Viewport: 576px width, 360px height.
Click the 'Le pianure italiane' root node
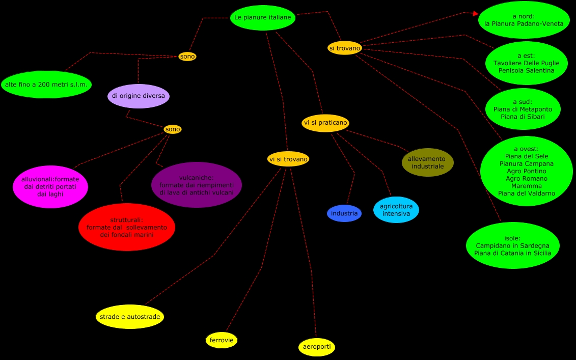(263, 18)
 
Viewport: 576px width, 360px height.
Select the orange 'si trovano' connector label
(345, 48)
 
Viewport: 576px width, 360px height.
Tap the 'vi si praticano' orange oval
(325, 123)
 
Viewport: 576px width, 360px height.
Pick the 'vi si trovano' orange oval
(288, 159)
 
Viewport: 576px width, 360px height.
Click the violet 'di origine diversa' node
(139, 96)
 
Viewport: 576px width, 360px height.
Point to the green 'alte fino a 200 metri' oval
(46, 85)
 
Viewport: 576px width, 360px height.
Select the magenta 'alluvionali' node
(50, 187)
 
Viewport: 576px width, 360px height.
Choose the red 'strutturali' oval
(127, 227)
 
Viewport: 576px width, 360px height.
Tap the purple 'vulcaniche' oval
(197, 185)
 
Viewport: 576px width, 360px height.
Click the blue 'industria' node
(344, 213)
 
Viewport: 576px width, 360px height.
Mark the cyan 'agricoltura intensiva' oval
(396, 210)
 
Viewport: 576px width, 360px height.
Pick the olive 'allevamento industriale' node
(427, 162)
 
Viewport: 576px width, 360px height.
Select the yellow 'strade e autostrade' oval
(130, 317)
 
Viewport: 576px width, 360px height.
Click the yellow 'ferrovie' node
(222, 340)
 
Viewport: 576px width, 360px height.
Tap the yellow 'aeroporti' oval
(317, 347)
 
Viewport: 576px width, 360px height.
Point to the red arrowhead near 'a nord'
(476, 14)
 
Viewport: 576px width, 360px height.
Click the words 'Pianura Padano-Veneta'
(524, 23)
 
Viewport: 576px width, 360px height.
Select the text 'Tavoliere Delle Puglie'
(526, 63)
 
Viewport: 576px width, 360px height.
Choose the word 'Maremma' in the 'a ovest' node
(527, 186)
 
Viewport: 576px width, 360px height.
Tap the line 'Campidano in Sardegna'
(513, 246)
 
